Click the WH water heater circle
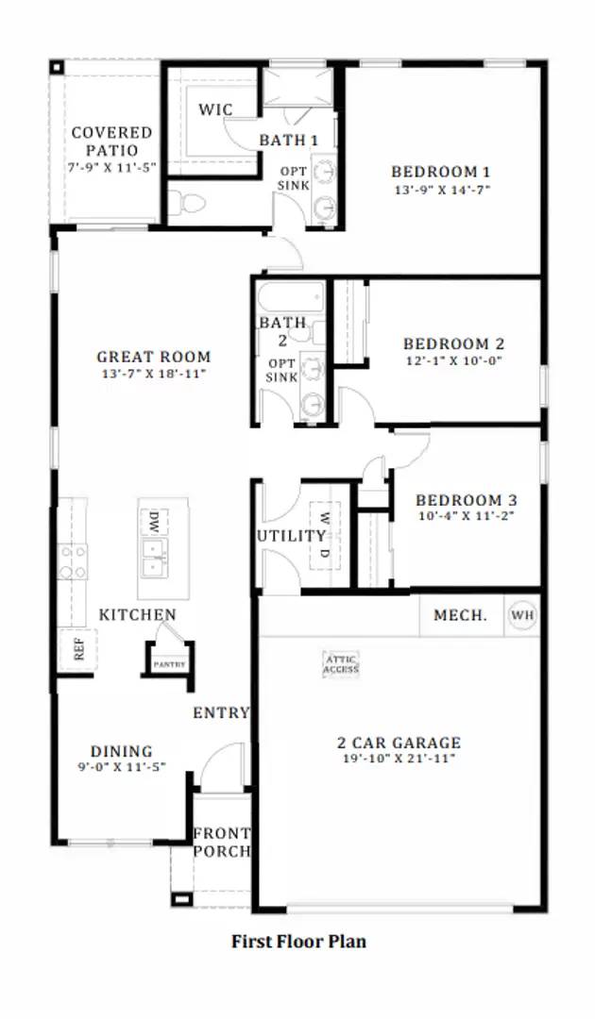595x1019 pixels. (x=522, y=616)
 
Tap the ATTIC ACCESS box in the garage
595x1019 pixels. (x=341, y=664)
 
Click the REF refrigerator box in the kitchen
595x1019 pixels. (x=78, y=649)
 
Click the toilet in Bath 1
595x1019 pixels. (x=188, y=202)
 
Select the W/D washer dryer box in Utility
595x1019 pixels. (x=323, y=535)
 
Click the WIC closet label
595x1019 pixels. (x=215, y=110)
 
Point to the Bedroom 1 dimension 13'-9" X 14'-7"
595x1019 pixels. (x=441, y=190)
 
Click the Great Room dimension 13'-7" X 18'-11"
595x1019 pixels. (x=153, y=374)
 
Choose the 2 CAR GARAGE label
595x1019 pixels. (x=399, y=743)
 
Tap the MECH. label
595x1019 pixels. (x=460, y=616)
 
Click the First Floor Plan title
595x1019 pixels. (x=298, y=941)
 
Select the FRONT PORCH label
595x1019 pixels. (x=222, y=842)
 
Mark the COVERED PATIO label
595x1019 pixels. (x=111, y=142)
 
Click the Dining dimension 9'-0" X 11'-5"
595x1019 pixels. (x=121, y=767)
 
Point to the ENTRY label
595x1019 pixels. (x=221, y=712)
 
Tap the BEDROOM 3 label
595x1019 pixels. (x=466, y=500)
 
